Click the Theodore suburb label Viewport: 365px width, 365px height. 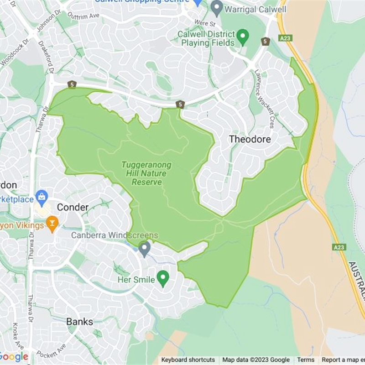[x=250, y=139]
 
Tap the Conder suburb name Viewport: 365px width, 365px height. [x=73, y=208]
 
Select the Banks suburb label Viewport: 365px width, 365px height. [x=79, y=322]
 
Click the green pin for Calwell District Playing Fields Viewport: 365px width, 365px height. [x=243, y=36]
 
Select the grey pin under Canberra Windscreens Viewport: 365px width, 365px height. [x=145, y=249]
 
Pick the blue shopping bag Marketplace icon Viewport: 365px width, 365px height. [x=42, y=197]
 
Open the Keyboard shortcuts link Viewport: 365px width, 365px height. [x=188, y=360]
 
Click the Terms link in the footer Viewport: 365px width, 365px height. [x=306, y=360]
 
